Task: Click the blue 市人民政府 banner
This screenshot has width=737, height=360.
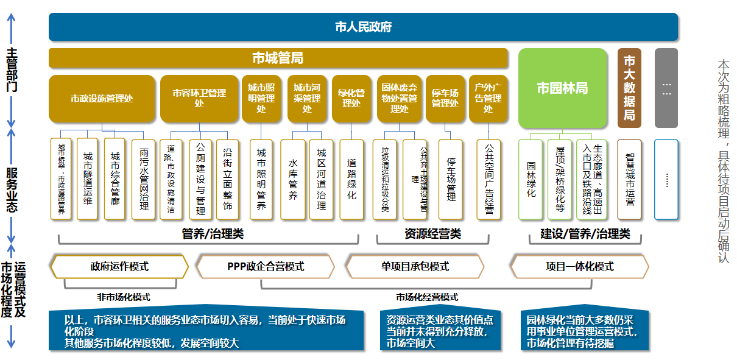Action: click(x=363, y=27)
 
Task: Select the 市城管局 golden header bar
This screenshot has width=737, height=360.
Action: click(x=278, y=58)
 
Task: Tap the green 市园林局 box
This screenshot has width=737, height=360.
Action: click(x=562, y=88)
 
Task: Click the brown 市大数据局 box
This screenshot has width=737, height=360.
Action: click(x=629, y=88)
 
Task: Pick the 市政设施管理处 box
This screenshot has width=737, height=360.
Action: click(x=102, y=98)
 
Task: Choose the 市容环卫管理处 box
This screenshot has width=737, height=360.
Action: click(x=199, y=98)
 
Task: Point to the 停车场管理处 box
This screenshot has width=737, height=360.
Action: click(x=445, y=98)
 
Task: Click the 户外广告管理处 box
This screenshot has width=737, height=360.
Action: click(x=488, y=98)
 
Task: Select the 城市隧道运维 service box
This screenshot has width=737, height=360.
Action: click(x=88, y=179)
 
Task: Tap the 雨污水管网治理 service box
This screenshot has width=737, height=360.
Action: click(x=144, y=179)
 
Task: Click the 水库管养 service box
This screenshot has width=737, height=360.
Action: click(x=293, y=179)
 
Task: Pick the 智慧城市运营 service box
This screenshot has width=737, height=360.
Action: click(x=630, y=179)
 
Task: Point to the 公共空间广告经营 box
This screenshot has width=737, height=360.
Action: click(x=488, y=179)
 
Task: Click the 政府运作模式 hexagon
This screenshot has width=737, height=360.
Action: click(x=119, y=266)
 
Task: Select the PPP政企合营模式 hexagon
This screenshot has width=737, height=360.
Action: click(x=265, y=266)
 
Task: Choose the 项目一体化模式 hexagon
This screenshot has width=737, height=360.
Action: click(x=579, y=266)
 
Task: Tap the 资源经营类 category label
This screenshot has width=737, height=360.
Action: click(x=432, y=234)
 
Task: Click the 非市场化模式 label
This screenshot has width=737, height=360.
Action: click(x=124, y=297)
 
